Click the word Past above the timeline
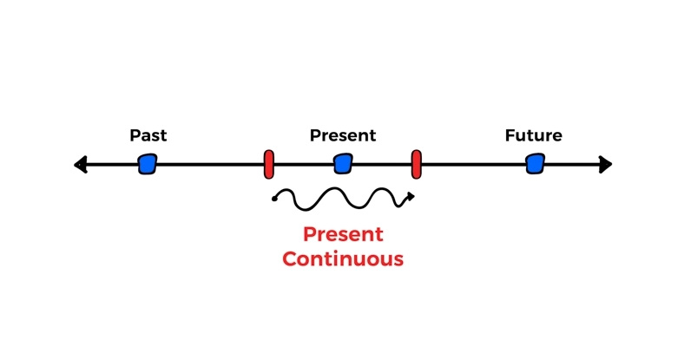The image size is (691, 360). (148, 135)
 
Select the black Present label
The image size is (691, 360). (343, 135)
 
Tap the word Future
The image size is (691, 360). (533, 135)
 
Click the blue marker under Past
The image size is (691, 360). (148, 164)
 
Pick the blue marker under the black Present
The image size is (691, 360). (343, 164)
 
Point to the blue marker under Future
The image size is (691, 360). (535, 164)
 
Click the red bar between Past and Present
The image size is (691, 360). (269, 164)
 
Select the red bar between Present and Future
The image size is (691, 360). (416, 164)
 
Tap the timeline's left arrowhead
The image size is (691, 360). (80, 164)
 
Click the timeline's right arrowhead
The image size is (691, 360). (606, 164)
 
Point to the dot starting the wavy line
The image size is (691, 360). (274, 200)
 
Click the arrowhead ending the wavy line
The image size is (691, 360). (411, 197)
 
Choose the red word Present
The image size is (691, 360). (343, 234)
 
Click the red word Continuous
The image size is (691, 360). (343, 259)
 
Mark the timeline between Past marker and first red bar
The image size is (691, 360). (210, 164)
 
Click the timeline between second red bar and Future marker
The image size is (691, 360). (474, 164)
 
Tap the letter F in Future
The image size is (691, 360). (510, 135)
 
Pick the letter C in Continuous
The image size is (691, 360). (289, 259)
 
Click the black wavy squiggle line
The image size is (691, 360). (343, 200)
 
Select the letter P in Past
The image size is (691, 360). (135, 135)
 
